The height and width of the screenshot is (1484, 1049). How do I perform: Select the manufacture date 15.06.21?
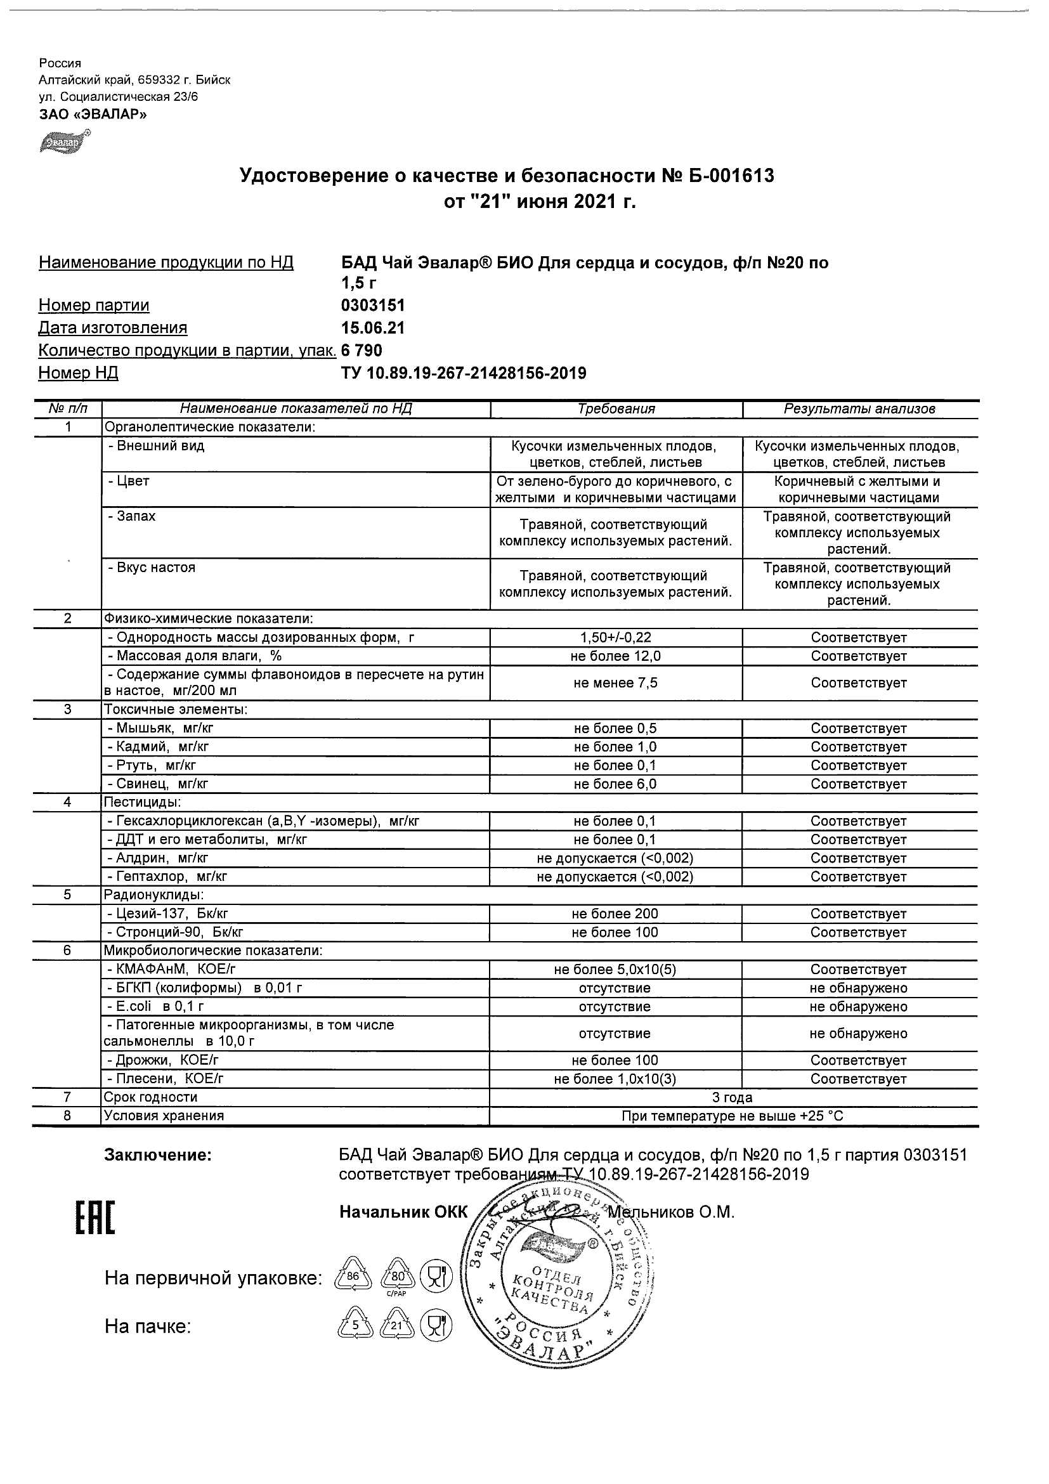pos(373,328)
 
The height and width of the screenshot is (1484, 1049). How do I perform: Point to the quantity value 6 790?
pos(362,350)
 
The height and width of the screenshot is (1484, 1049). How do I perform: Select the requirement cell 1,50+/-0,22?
pos(616,637)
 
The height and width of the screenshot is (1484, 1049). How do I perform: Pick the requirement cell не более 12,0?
pos(616,656)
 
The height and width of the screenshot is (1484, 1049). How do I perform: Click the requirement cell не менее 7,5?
pos(616,682)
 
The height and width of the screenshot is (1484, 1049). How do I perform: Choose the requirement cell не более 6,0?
pos(616,784)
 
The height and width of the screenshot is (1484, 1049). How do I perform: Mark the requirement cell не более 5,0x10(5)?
pos(616,970)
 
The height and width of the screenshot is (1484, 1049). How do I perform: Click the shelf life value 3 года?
pos(733,1097)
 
